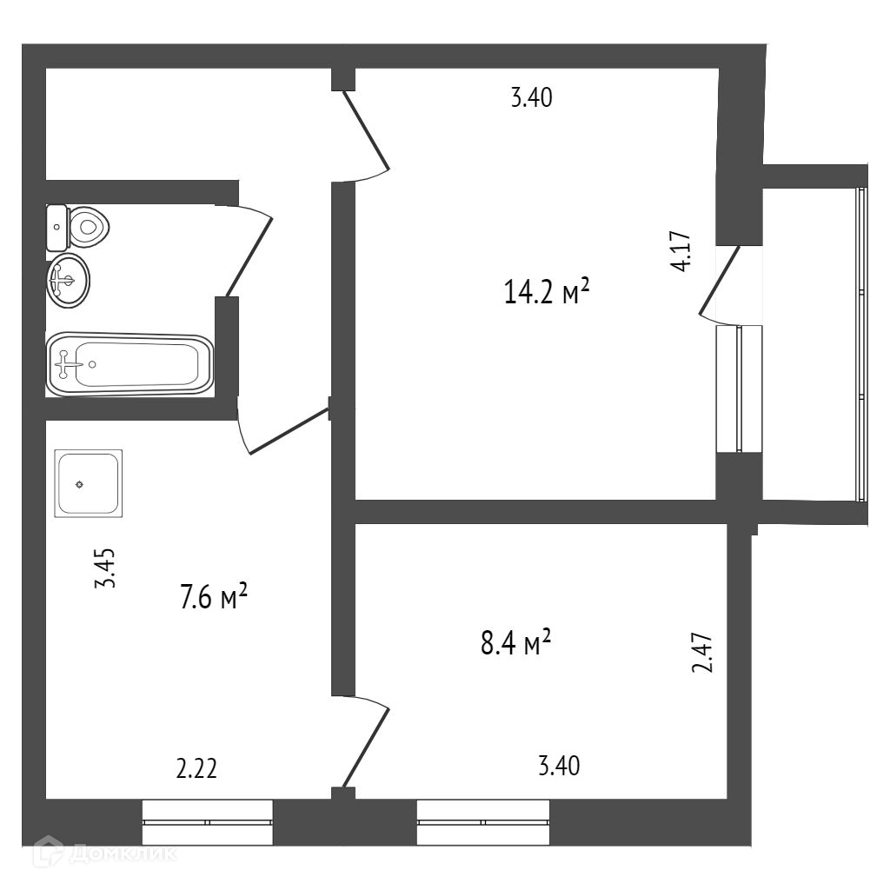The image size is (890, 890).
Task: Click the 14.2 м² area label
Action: coord(547,292)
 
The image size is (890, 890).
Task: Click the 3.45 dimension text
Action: coord(105,569)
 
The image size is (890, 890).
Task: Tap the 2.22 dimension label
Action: coord(196,768)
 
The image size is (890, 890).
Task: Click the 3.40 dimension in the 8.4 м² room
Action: coord(559,767)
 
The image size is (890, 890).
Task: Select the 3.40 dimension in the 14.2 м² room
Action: coord(531,98)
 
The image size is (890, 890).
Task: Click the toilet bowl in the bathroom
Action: coord(87,228)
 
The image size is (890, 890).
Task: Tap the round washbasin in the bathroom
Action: coord(68,279)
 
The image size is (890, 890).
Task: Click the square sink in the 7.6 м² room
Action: coord(88,483)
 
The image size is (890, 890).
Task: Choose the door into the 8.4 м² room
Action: coord(365,746)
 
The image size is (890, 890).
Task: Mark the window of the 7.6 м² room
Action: coord(207,821)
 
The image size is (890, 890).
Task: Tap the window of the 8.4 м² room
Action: coord(482,821)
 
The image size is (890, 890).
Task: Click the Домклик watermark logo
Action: coord(104,853)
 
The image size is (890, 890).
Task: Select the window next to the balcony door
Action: coord(738,389)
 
